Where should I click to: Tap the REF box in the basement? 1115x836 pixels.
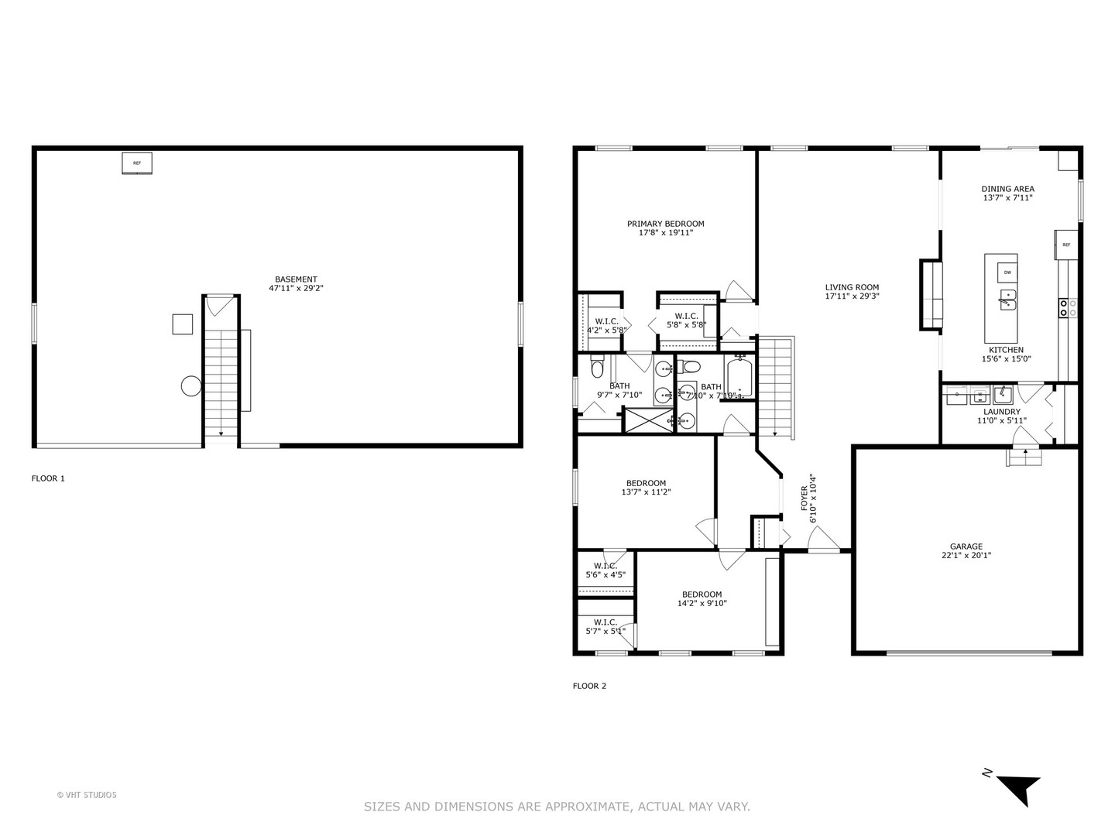(137, 163)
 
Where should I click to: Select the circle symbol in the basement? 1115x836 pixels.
(190, 385)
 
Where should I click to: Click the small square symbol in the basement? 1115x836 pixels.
(183, 324)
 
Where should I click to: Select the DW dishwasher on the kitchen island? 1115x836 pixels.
(1007, 272)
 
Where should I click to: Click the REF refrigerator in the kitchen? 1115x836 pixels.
(1065, 245)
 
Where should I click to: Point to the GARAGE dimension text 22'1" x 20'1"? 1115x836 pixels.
(966, 555)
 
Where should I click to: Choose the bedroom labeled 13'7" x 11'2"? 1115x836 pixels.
(646, 488)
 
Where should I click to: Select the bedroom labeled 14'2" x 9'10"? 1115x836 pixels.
(702, 599)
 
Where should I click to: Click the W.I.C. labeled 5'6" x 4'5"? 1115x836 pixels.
(606, 570)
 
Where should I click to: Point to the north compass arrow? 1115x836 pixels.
(1015, 788)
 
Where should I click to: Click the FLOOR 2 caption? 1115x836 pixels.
(589, 686)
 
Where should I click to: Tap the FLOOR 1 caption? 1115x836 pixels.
(48, 478)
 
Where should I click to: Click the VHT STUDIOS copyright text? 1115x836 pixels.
(87, 795)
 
